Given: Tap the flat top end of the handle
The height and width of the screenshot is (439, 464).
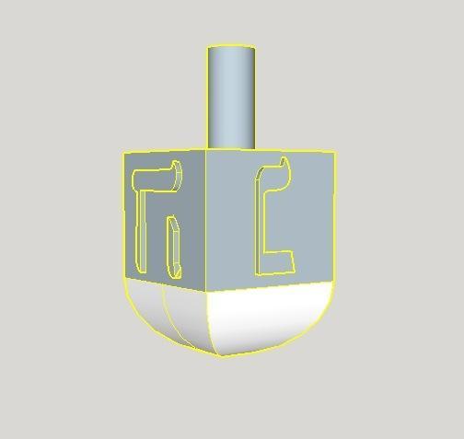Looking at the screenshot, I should click(x=230, y=48).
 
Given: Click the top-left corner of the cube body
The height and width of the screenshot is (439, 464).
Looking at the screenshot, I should click(x=123, y=154).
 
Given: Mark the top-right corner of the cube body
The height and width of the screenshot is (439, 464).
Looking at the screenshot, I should click(x=334, y=153).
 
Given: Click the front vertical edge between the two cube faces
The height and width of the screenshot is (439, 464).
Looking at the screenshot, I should click(x=205, y=221).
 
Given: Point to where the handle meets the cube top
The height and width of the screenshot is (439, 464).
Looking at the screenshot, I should click(x=230, y=147).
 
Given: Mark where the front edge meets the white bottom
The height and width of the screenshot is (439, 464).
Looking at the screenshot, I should click(x=205, y=292).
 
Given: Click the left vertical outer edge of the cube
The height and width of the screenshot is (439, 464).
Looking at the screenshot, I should click(x=123, y=216).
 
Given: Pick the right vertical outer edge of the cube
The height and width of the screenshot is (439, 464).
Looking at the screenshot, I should click(x=332, y=216).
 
